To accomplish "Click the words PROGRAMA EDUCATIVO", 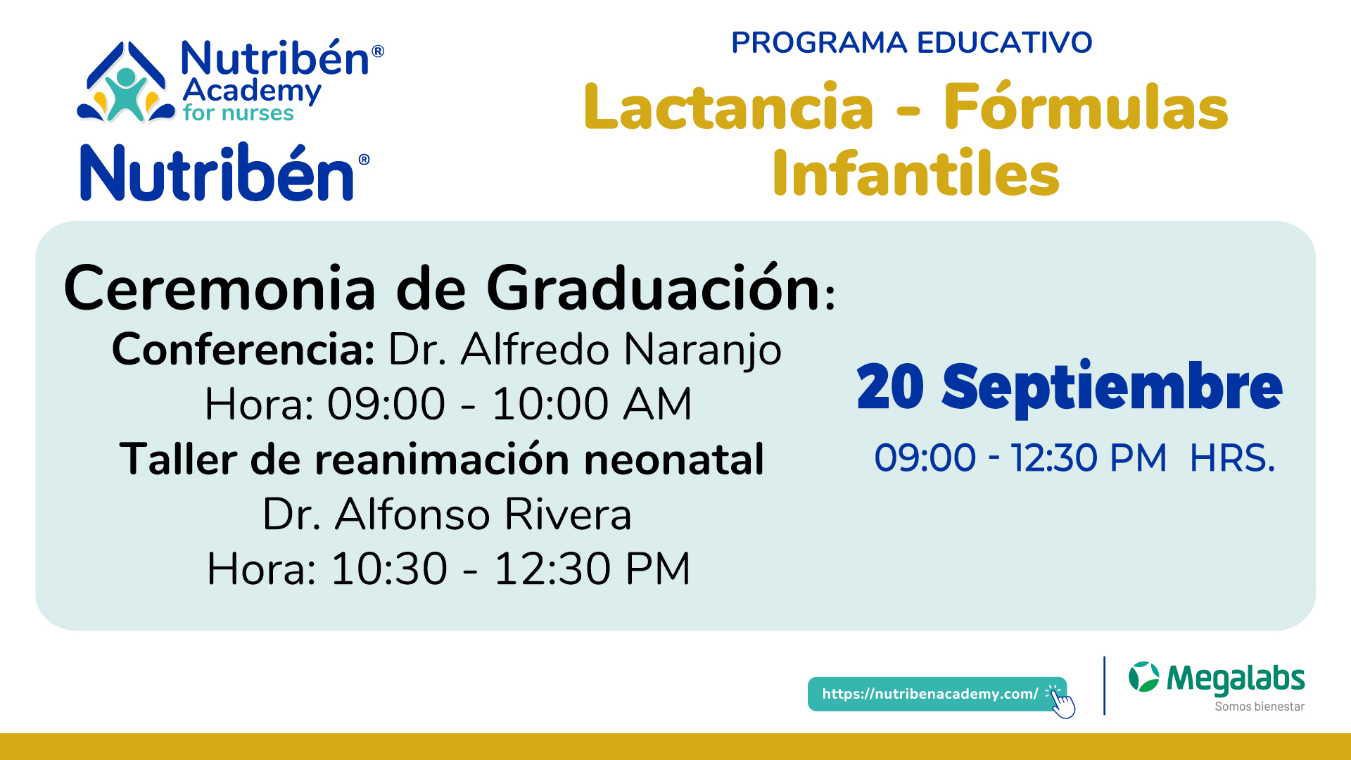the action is click(911, 42).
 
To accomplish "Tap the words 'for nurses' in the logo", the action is click(238, 113).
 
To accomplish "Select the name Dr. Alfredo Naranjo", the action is click(585, 350).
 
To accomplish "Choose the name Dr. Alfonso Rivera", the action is click(447, 514).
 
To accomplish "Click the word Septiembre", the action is click(1112, 388).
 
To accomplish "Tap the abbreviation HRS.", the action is click(1232, 458).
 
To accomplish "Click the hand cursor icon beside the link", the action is click(1062, 702).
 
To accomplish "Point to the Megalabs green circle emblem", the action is click(1143, 677).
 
